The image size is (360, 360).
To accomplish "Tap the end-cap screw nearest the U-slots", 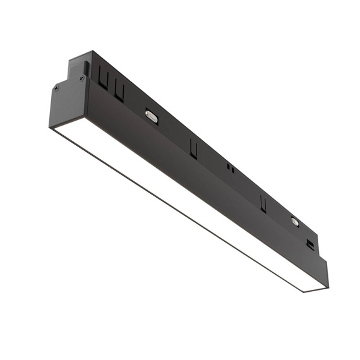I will click(x=81, y=78).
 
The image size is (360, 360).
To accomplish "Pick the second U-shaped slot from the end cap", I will click(x=119, y=92).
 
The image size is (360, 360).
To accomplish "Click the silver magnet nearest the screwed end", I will click(x=151, y=115).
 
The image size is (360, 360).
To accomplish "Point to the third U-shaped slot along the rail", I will click(x=193, y=149).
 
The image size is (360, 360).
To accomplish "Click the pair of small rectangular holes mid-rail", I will click(x=231, y=169).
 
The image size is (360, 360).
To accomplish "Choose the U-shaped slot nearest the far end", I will click(x=262, y=203).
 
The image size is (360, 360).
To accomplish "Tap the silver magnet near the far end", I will click(x=294, y=221).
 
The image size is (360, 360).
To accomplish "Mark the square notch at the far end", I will click(x=310, y=244).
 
